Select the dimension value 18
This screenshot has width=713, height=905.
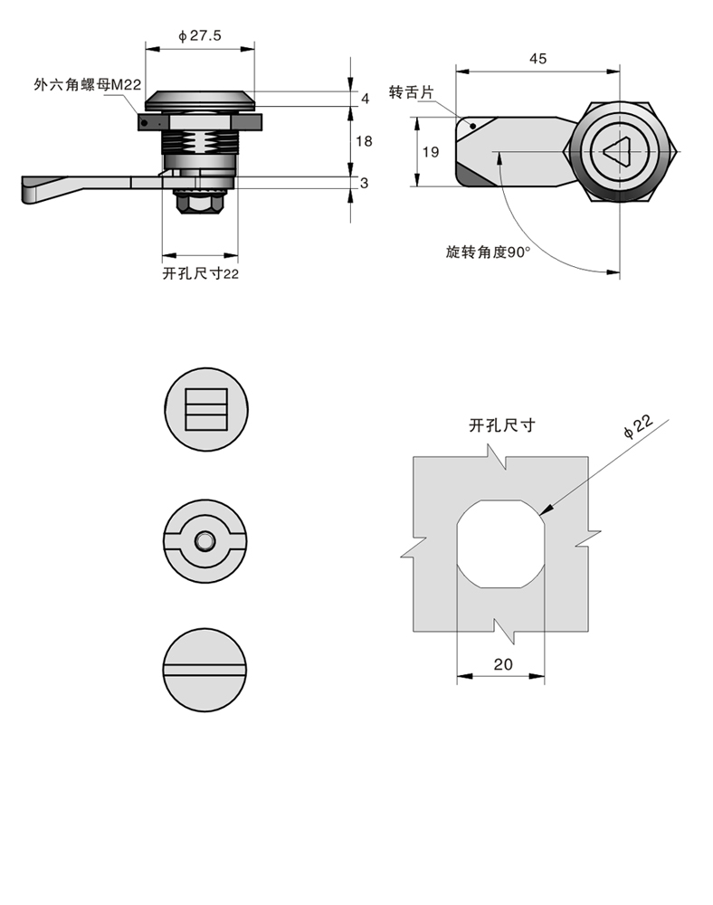(x=365, y=141)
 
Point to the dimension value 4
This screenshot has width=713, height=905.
(x=366, y=98)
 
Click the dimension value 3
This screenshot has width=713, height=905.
(x=365, y=183)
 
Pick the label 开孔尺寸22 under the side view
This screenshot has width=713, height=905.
(x=200, y=273)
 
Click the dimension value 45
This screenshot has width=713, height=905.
(x=537, y=59)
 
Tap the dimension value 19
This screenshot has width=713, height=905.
(x=431, y=152)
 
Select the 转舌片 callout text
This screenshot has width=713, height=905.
(x=413, y=92)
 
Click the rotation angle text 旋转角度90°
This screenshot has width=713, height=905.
(x=488, y=253)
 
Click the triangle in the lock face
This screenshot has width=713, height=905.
(x=621, y=151)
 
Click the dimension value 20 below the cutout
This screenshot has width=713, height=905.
(x=503, y=663)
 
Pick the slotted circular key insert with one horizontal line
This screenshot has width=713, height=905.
(x=206, y=671)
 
